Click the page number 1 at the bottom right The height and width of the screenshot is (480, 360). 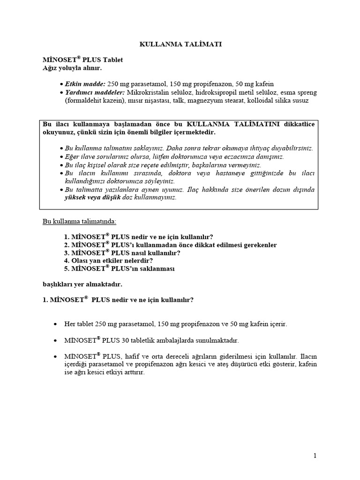(x=315, y=456)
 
